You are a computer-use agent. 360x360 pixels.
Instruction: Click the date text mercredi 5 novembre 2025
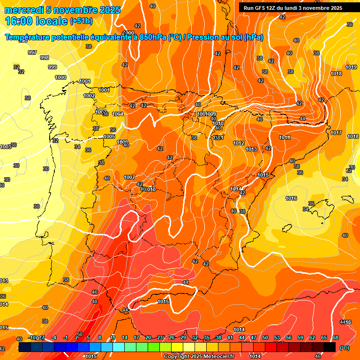click(x=62, y=10)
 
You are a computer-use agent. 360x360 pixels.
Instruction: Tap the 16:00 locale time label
click(x=36, y=21)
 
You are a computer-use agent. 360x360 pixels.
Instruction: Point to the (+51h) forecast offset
click(x=81, y=21)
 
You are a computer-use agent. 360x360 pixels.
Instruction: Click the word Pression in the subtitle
click(x=204, y=37)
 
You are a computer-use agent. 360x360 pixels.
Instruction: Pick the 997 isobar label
click(x=32, y=52)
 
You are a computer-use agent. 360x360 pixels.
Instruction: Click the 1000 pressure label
click(x=60, y=77)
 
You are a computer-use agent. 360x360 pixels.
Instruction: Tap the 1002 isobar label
click(x=89, y=96)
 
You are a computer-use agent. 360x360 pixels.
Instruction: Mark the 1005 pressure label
click(x=109, y=136)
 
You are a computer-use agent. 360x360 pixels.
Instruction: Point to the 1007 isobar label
click(x=129, y=177)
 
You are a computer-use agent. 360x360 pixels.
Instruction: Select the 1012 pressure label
click(x=239, y=143)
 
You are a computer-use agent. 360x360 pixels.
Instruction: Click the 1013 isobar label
click(x=251, y=149)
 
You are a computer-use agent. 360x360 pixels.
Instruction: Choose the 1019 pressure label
click(x=351, y=67)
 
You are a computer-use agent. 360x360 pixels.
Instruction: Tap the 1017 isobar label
click(x=336, y=133)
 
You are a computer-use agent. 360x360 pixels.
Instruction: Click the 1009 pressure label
click(x=211, y=114)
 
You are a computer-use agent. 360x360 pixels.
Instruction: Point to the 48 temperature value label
click(x=95, y=301)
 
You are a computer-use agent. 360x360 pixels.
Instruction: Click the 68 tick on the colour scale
click(x=336, y=337)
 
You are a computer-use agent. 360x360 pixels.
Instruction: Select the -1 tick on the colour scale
click(x=66, y=337)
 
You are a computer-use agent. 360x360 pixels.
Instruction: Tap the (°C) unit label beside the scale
click(x=345, y=347)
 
